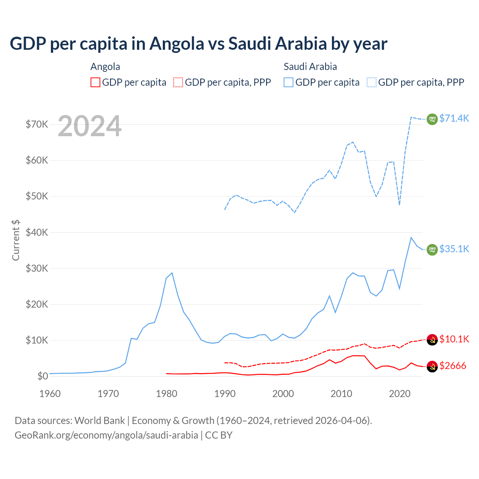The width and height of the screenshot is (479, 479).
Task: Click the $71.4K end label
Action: [x=454, y=118]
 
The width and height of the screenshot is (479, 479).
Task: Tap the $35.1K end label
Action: [x=454, y=249]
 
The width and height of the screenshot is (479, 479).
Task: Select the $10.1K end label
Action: [x=454, y=339]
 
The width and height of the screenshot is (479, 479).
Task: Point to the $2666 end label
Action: [x=452, y=366]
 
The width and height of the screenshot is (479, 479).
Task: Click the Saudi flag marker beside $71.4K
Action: [x=432, y=119]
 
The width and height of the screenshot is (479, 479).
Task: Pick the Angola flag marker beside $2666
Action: [x=432, y=367]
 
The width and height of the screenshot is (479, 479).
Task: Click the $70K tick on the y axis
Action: [x=37, y=124]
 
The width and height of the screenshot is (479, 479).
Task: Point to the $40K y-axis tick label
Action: [x=37, y=232]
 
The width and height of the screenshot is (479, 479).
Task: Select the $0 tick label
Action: [x=43, y=376]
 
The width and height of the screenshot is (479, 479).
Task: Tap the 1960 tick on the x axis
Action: [x=50, y=394]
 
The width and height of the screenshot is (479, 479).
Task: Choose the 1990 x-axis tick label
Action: [x=225, y=394]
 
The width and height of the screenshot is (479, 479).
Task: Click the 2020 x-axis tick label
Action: [x=400, y=394]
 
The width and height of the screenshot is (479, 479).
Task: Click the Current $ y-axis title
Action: [x=16, y=240]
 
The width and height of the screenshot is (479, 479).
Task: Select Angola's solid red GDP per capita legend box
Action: [x=95, y=82]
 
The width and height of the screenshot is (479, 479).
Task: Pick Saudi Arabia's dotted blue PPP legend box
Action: [x=372, y=82]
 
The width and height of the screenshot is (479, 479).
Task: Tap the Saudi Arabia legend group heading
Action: [x=310, y=67]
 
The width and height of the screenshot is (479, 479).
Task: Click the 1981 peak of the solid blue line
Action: [x=172, y=273]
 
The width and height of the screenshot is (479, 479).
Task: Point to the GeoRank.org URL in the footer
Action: [x=106, y=435]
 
